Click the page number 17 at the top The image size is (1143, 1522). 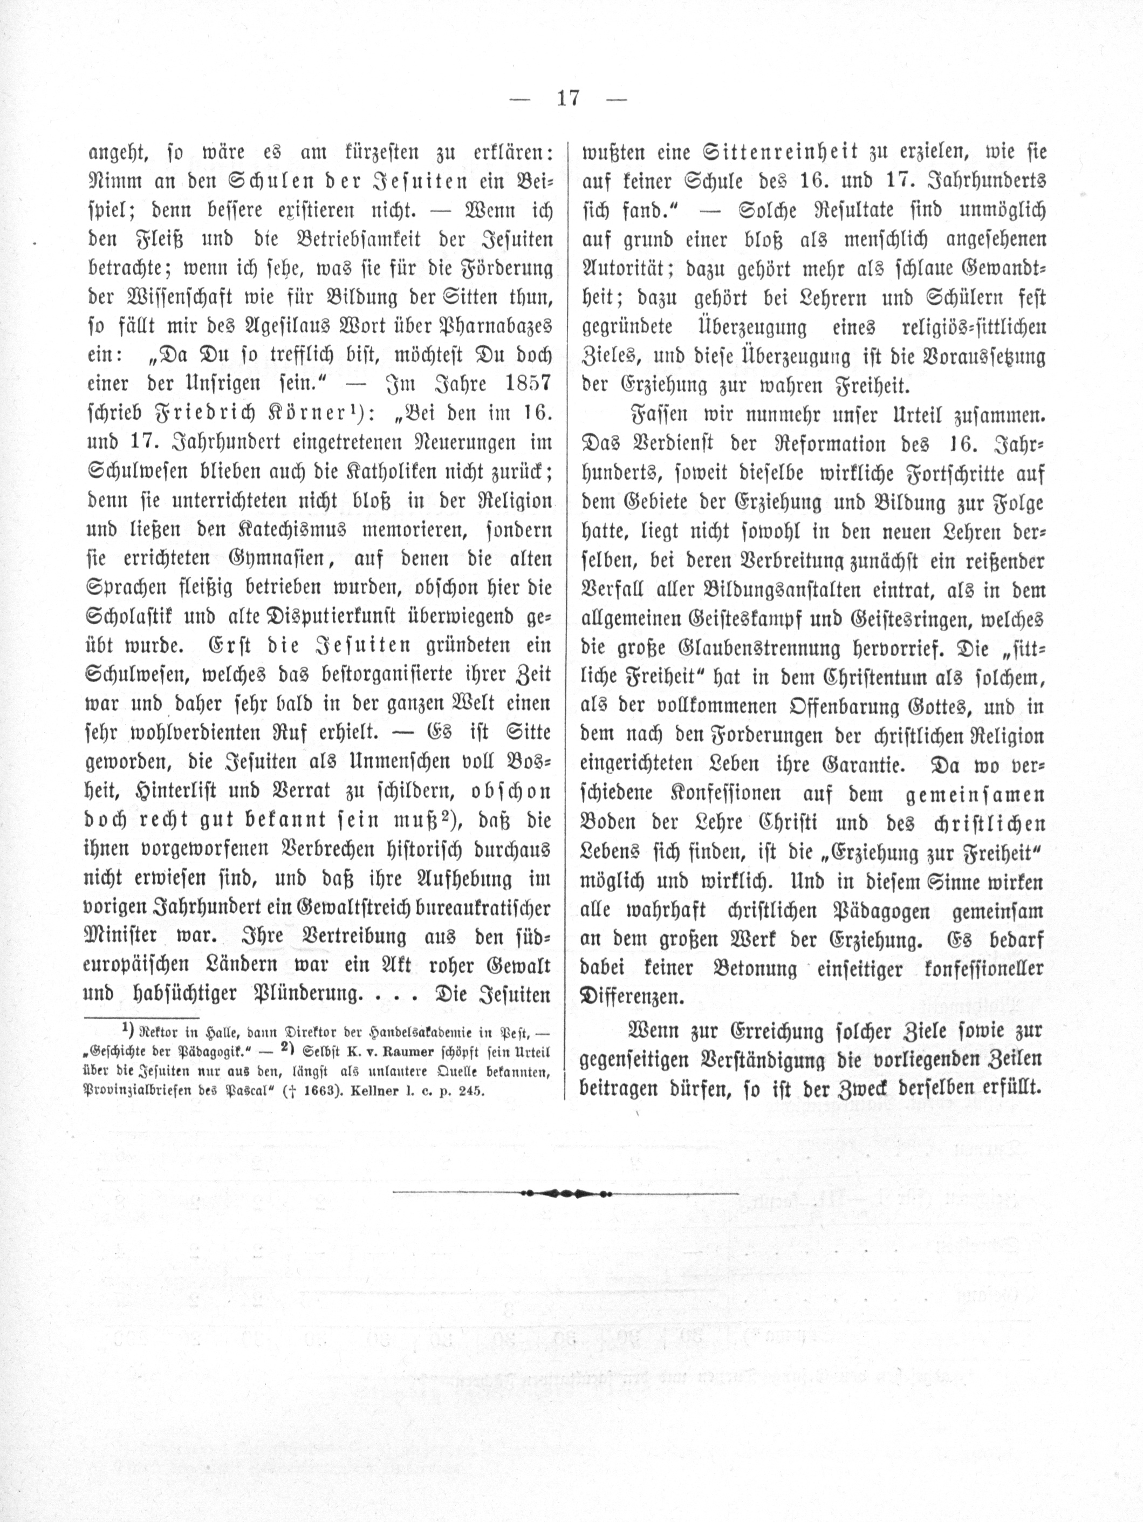point(568,98)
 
